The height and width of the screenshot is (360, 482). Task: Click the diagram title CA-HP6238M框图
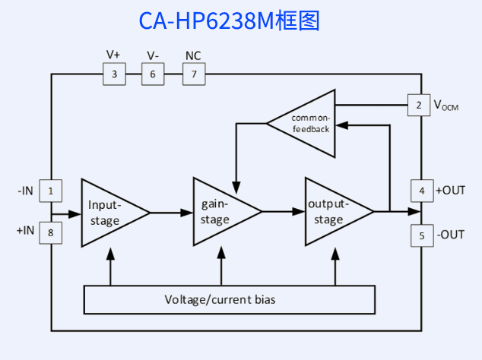click(229, 21)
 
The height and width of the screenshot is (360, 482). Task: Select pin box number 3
click(114, 74)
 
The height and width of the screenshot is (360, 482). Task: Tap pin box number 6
click(153, 74)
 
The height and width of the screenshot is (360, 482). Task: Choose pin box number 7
click(194, 74)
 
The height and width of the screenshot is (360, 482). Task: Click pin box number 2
click(418, 105)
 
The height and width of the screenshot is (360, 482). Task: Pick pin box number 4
click(421, 191)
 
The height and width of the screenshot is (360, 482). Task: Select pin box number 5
click(421, 235)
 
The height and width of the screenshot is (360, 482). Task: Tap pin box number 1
click(50, 191)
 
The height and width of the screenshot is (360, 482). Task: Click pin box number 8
click(50, 233)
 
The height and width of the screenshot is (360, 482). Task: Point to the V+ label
click(113, 55)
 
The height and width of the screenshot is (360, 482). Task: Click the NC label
click(193, 55)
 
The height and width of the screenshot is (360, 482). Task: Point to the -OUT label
click(450, 235)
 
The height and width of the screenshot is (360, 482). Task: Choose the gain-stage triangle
click(220, 213)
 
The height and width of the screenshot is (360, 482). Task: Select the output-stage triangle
click(332, 213)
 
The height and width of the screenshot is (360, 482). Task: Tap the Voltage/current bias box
click(229, 299)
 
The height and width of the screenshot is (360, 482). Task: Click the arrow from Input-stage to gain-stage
click(172, 213)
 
